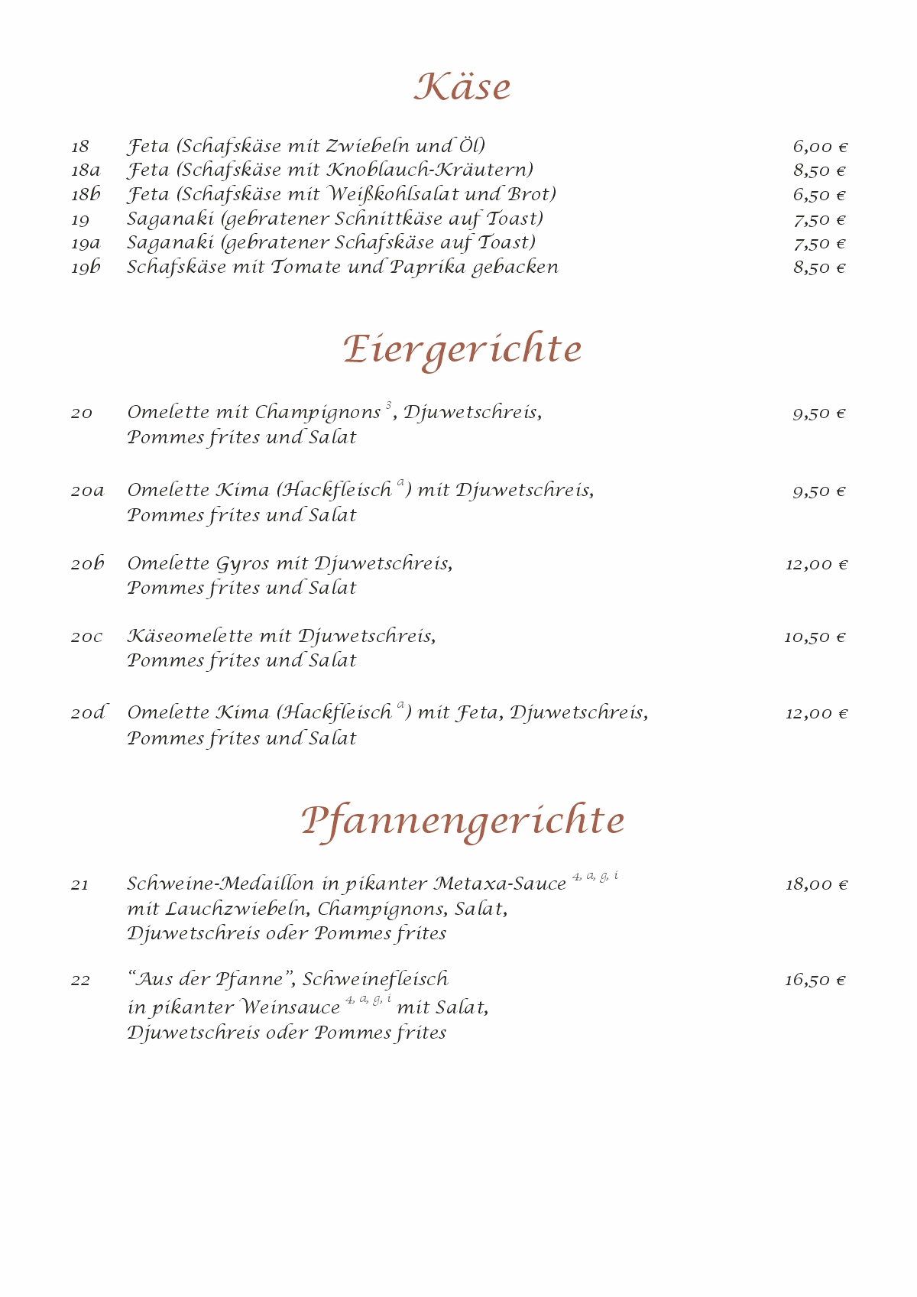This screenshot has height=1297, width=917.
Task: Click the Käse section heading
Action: tap(462, 86)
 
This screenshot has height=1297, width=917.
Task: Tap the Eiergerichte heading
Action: tap(462, 350)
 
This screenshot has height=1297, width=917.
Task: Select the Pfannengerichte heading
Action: tap(462, 821)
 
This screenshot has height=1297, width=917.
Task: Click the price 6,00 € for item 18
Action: tap(820, 147)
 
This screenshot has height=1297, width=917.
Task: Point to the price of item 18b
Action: tap(819, 195)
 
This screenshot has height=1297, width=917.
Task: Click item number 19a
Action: tap(86, 244)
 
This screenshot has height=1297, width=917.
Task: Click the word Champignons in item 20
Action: tap(318, 413)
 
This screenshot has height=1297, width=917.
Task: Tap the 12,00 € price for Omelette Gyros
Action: tap(816, 565)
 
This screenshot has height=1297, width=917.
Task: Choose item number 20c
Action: tap(86, 637)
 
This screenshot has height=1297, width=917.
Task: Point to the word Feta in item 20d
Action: tap(478, 713)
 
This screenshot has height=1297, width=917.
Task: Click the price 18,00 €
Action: tap(816, 885)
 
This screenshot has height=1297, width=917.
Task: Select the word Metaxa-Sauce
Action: tap(500, 884)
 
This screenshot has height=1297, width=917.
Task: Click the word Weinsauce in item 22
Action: tap(290, 1008)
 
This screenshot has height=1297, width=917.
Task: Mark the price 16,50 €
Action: tap(815, 981)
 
